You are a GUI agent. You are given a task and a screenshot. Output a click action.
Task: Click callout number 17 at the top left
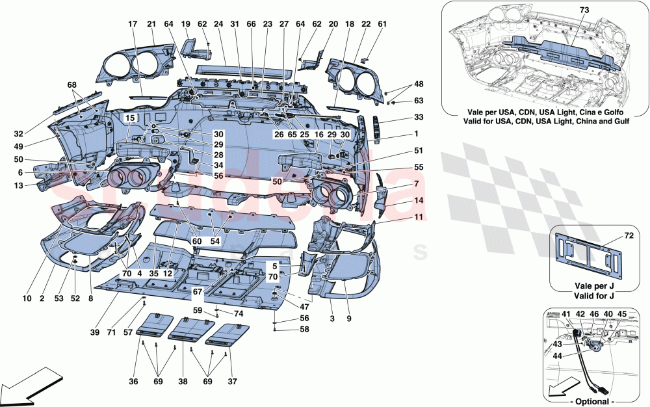click(133, 25)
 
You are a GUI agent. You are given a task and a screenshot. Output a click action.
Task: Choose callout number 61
click(382, 25)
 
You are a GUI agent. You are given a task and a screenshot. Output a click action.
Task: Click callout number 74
click(239, 313)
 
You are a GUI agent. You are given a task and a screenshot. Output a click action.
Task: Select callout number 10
click(27, 299)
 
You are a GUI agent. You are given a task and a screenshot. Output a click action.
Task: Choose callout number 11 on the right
click(401, 217)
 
